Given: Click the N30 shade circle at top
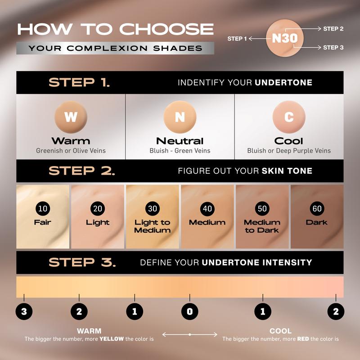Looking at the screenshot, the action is tap(285, 38).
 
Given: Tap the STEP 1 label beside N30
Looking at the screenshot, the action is tap(237, 39).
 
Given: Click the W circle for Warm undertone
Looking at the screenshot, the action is tap(71, 117).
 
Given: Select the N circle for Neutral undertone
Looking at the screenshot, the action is tap(180, 117).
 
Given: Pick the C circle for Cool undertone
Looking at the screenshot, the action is tap(289, 117).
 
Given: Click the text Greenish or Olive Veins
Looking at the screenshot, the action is tap(71, 151).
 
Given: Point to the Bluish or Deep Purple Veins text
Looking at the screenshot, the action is tap(289, 151).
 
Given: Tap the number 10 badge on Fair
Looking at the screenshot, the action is tap(43, 208).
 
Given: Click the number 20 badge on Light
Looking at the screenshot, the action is tap(98, 208).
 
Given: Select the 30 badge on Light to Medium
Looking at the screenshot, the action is tap(153, 208).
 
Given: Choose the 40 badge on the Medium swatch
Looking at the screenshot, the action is tap(207, 208).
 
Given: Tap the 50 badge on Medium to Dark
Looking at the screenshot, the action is tap(262, 208).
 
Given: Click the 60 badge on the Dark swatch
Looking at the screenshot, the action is tap(317, 208).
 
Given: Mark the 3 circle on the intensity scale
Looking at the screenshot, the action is tap(24, 311).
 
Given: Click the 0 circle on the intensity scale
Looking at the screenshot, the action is tap(189, 311).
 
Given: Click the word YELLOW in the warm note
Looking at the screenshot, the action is tap(112, 339).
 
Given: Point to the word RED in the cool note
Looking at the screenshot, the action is tap(303, 339).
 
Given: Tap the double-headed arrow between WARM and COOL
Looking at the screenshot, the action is tap(189, 334).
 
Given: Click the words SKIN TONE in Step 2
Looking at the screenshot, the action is tap(287, 171).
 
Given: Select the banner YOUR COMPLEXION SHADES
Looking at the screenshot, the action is tap(115, 48).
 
